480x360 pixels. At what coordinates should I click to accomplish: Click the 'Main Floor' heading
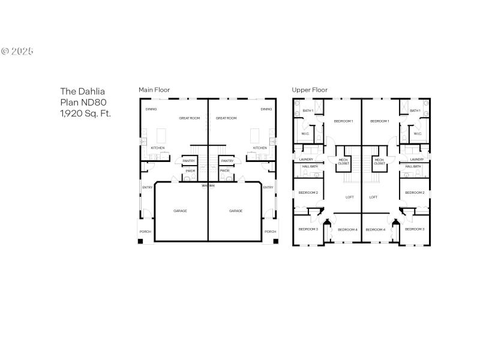(154, 90)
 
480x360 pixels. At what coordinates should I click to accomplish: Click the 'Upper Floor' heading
(310, 90)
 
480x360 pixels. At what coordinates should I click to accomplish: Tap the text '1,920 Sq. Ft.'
(85, 113)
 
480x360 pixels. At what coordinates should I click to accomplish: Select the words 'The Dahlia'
(82, 92)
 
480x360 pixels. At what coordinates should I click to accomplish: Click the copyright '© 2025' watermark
(17, 51)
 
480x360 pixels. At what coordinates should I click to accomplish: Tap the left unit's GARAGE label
(180, 211)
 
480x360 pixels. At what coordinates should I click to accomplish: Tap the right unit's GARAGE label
(236, 211)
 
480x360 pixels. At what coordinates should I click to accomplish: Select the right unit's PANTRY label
(227, 161)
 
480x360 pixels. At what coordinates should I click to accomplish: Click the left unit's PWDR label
(190, 171)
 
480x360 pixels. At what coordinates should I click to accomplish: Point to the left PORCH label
(145, 232)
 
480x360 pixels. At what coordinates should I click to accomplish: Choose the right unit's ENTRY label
(268, 187)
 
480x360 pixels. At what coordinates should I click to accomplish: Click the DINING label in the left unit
(151, 109)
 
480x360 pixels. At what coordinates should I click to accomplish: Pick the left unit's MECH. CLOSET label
(343, 161)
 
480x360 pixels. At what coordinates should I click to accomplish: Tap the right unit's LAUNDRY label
(416, 159)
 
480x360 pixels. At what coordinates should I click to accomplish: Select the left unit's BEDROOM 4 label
(347, 229)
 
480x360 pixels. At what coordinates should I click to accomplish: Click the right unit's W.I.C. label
(418, 134)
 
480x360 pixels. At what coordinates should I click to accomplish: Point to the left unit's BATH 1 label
(308, 110)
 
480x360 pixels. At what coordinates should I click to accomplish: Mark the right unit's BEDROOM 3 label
(415, 229)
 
